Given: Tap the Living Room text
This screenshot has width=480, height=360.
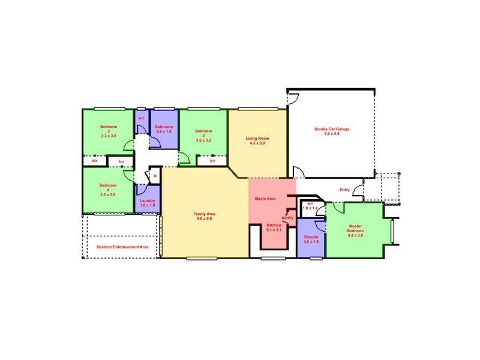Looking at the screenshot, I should pyautogui.click(x=255, y=141).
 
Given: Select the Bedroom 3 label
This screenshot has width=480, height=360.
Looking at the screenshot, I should pyautogui.click(x=109, y=131).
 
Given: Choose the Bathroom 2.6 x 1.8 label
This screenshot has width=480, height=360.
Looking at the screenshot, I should pyautogui.click(x=164, y=129).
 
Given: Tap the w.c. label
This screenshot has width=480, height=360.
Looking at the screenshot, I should pyautogui.click(x=142, y=118).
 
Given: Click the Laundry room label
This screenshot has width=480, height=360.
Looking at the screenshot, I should pyautogui.click(x=148, y=203).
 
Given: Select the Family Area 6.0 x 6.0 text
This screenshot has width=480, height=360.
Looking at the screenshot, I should pyautogui.click(x=204, y=216).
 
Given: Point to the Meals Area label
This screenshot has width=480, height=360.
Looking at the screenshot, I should pyautogui.click(x=265, y=199).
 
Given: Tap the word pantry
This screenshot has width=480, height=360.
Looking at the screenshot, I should pyautogui.click(x=288, y=218).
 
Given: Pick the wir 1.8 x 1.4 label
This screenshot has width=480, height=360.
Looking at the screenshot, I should pyautogui.click(x=310, y=205).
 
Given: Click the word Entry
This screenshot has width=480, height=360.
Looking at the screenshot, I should pyautogui.click(x=344, y=190).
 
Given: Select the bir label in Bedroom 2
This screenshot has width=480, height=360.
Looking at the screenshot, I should pyautogui.click(x=212, y=161).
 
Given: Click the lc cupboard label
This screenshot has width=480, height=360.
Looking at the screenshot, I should pyautogui.click(x=155, y=176).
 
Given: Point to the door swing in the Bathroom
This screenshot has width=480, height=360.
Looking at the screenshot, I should pyautogui.click(x=154, y=143).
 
